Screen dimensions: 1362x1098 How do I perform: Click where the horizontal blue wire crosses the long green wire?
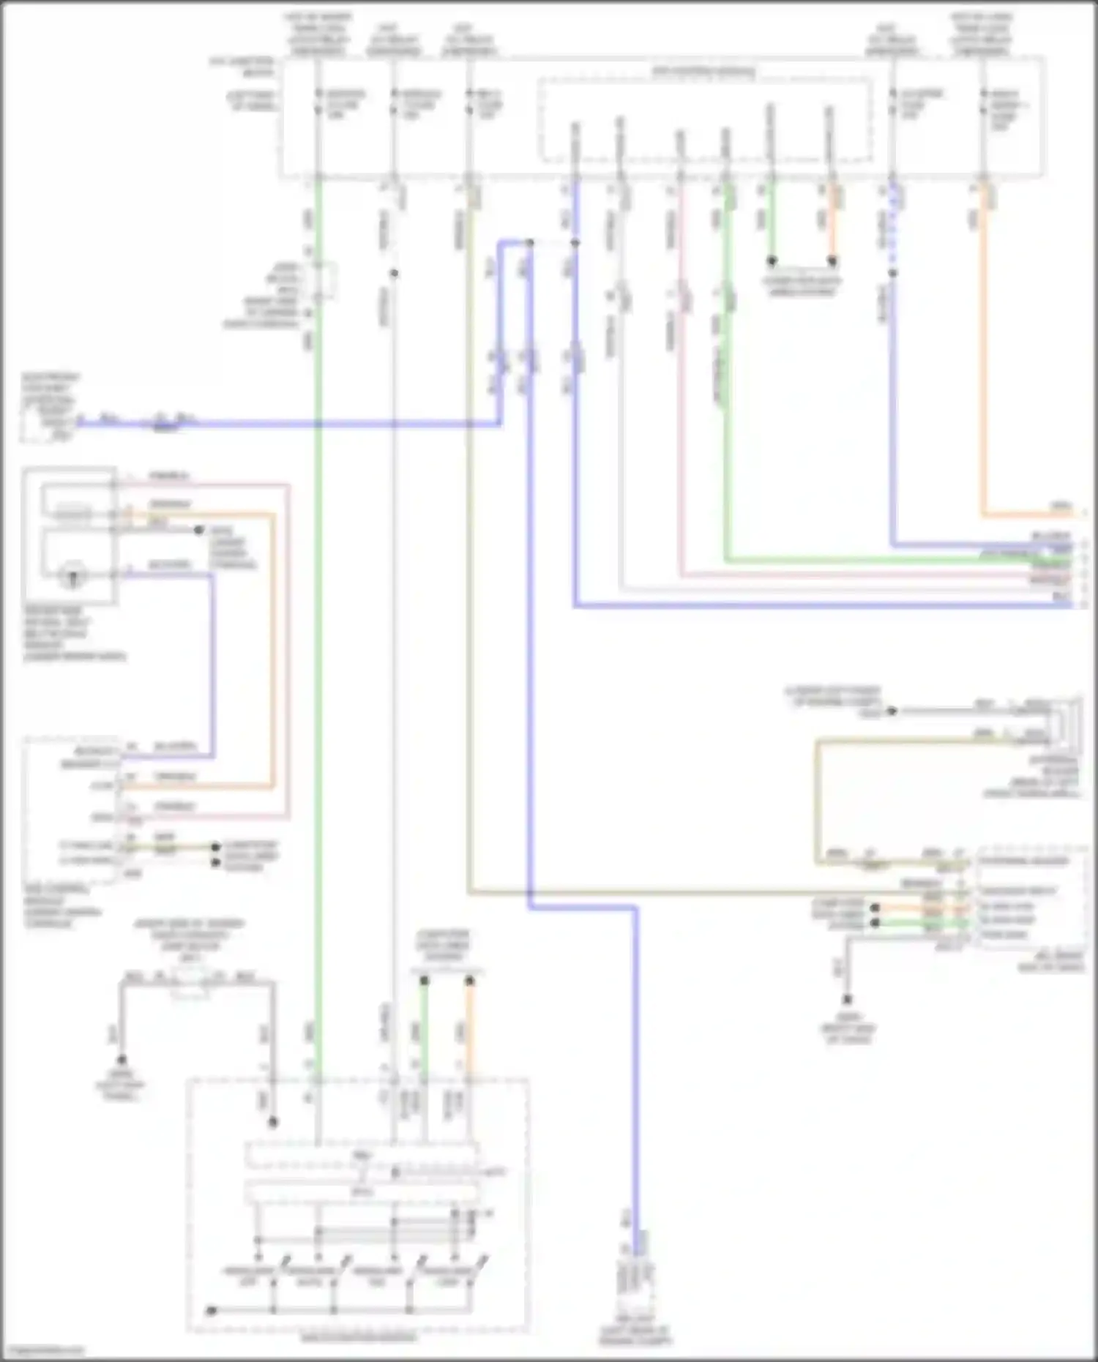point(317,424)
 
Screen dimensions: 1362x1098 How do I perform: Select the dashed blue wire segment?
point(892,227)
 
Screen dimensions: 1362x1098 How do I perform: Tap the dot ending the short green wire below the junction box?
point(772,261)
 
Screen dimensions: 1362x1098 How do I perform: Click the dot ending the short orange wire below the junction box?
point(832,261)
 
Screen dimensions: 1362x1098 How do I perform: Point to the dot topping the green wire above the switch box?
point(424,980)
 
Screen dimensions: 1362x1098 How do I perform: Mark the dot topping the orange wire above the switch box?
point(470,980)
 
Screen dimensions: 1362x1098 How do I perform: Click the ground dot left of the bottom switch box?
point(122,1059)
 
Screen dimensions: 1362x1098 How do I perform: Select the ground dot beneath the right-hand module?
point(847,999)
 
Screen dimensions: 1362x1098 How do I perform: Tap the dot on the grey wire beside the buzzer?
point(892,710)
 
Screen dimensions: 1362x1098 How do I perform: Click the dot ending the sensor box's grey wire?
point(198,529)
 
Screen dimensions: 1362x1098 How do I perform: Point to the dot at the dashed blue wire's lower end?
point(892,273)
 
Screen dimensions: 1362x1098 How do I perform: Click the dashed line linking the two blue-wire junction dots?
point(553,242)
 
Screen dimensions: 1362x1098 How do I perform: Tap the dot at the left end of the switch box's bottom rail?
point(210,1310)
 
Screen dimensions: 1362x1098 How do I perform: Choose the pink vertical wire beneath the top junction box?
point(681,381)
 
